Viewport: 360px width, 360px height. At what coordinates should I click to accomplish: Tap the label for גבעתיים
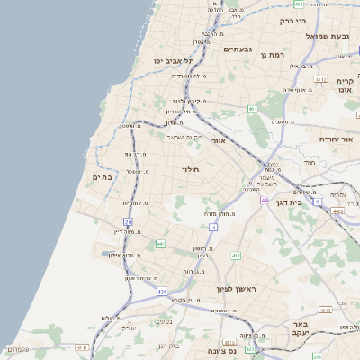pyautogui.click(x=236, y=49)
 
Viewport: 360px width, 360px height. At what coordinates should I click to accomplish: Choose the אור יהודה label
pyautogui.click(x=337, y=140)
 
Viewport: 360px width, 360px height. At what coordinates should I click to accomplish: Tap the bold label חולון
pyautogui.click(x=190, y=169)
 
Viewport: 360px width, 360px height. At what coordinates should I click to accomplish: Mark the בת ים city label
pyautogui.click(x=102, y=177)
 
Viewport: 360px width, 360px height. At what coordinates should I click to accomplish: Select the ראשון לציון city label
pyautogui.click(x=237, y=289)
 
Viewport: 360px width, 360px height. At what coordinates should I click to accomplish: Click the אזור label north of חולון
pyautogui.click(x=218, y=141)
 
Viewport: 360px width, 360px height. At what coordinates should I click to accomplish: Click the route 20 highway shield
pyautogui.click(x=129, y=221)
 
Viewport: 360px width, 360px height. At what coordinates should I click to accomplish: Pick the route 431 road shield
pyautogui.click(x=162, y=292)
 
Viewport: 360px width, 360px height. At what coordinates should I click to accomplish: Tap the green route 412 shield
pyautogui.click(x=236, y=256)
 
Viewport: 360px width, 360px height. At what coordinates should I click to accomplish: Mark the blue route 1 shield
pyautogui.click(x=318, y=202)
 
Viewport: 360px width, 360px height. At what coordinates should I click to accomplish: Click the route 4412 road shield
pyautogui.click(x=337, y=211)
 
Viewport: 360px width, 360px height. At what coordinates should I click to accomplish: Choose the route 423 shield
pyautogui.click(x=251, y=348)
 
